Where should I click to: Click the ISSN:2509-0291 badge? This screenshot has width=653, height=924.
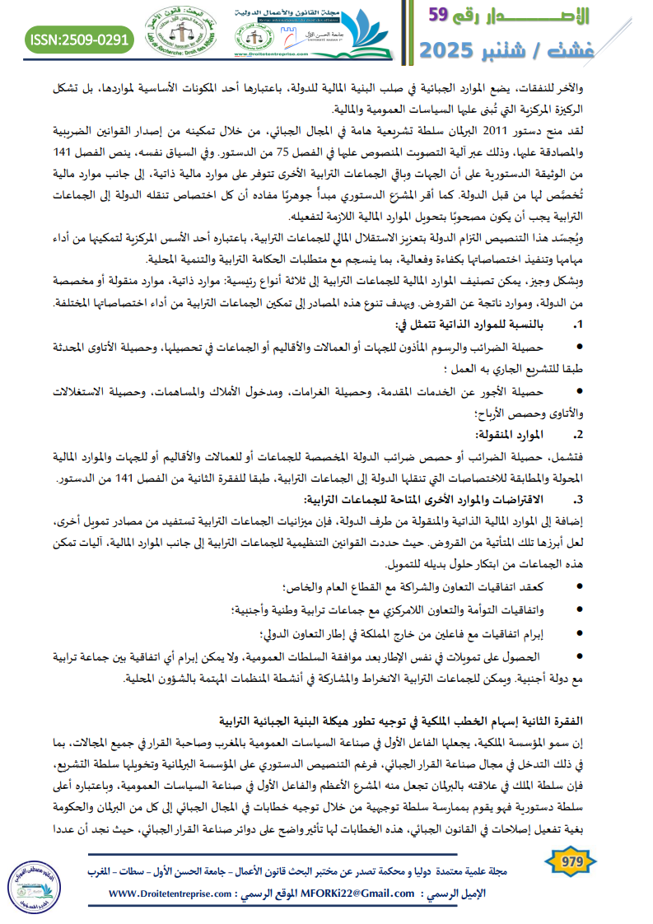pyautogui.click(x=79, y=37)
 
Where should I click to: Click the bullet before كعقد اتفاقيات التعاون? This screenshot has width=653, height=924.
pyautogui.click(x=583, y=586)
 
